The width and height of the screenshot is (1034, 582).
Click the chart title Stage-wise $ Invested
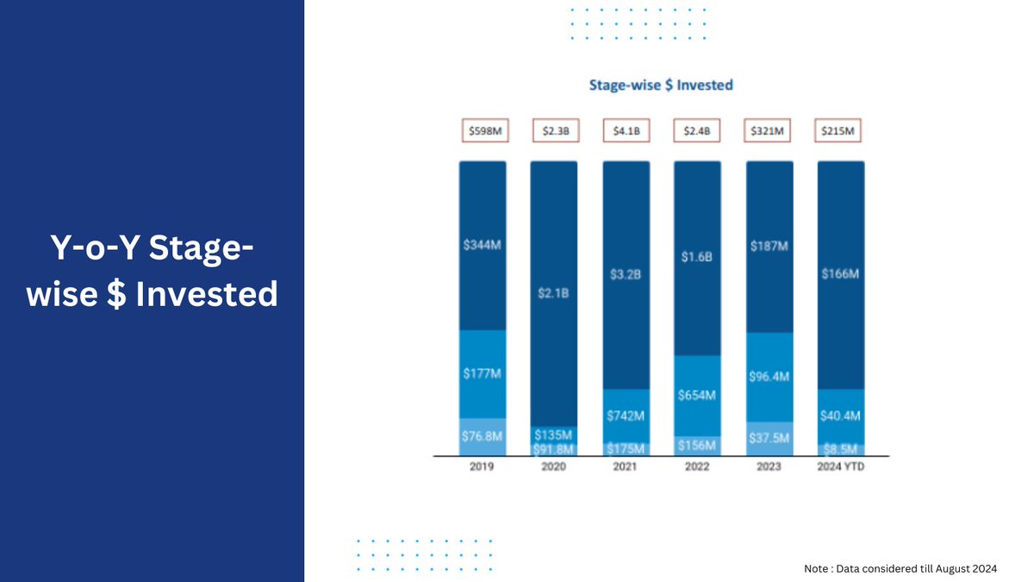(x=661, y=84)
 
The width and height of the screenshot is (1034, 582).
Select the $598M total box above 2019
(x=483, y=131)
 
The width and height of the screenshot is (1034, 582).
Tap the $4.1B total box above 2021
(x=626, y=131)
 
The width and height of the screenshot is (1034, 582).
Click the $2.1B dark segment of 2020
(x=554, y=294)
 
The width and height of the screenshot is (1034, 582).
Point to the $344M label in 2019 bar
(x=482, y=245)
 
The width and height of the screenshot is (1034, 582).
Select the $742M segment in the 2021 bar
(x=626, y=416)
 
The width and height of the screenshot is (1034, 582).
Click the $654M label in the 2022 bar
(x=697, y=395)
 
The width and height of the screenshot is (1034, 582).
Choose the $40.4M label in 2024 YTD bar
(x=840, y=416)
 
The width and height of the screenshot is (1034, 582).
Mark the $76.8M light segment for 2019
(x=483, y=436)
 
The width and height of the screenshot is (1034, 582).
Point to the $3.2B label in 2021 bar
(x=626, y=274)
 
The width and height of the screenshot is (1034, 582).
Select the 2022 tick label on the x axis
(x=696, y=466)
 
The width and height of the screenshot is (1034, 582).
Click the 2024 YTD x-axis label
(x=840, y=466)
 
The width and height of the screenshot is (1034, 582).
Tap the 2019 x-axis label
(x=483, y=466)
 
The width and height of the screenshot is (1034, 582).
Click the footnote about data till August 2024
(x=900, y=568)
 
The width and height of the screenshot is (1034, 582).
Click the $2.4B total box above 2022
(x=696, y=131)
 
